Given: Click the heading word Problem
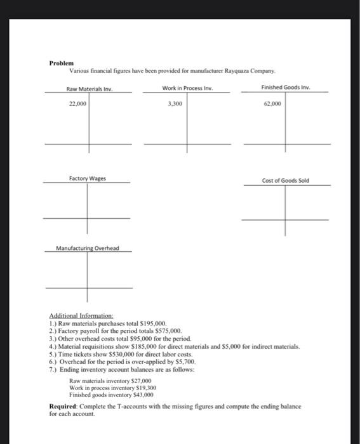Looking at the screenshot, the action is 62,63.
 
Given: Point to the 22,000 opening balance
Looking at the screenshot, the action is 77,103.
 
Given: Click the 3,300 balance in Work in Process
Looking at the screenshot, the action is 174,102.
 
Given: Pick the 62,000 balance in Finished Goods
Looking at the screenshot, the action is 272,103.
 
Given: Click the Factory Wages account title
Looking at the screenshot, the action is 87,179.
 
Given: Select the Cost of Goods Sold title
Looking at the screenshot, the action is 285,180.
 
